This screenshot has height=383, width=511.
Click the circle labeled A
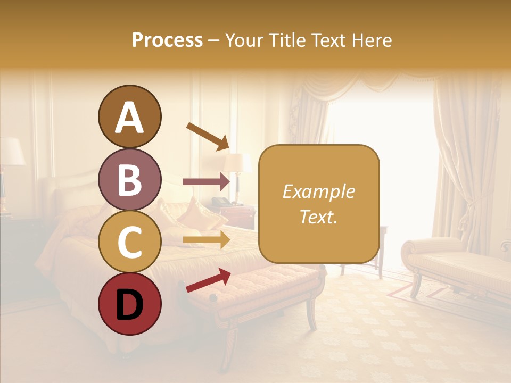pyautogui.click(x=129, y=116)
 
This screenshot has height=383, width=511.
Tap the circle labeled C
pyautogui.click(x=129, y=242)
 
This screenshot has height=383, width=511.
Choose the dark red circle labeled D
pyautogui.click(x=129, y=304)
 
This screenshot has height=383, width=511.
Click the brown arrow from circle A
pyautogui.click(x=208, y=136)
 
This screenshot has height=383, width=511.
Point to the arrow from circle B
pyautogui.click(x=206, y=182)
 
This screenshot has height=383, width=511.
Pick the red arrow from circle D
pyautogui.click(x=208, y=280)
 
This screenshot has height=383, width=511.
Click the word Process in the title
pyautogui.click(x=167, y=40)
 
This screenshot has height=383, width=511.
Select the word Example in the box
pyautogui.click(x=318, y=191)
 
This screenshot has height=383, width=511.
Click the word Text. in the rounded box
pyautogui.click(x=318, y=217)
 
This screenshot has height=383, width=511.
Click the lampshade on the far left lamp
pyautogui.click(x=11, y=152)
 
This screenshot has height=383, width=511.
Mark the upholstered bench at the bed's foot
pyautogui.click(x=266, y=290)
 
